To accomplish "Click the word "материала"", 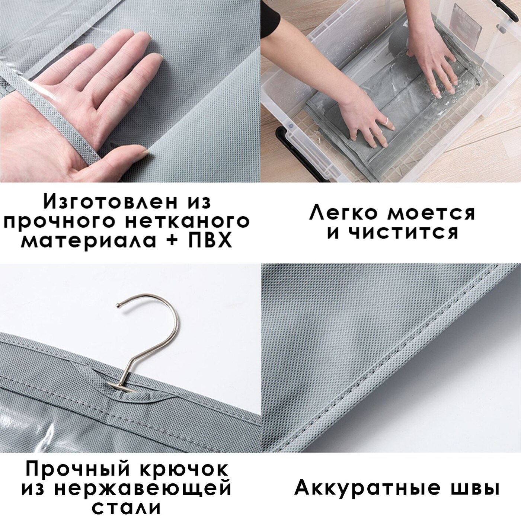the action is coord(89,241).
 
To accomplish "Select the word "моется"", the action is coord(431,213).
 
